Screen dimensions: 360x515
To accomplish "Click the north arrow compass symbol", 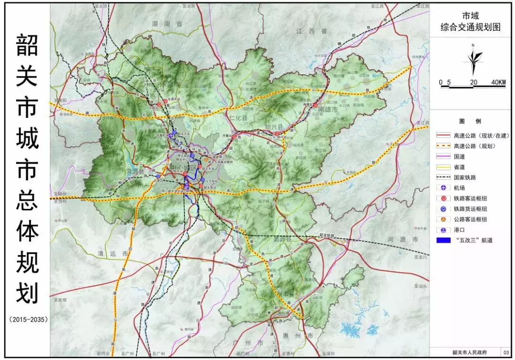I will (x=474, y=60).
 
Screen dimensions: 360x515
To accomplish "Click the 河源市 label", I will (x=402, y=239).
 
